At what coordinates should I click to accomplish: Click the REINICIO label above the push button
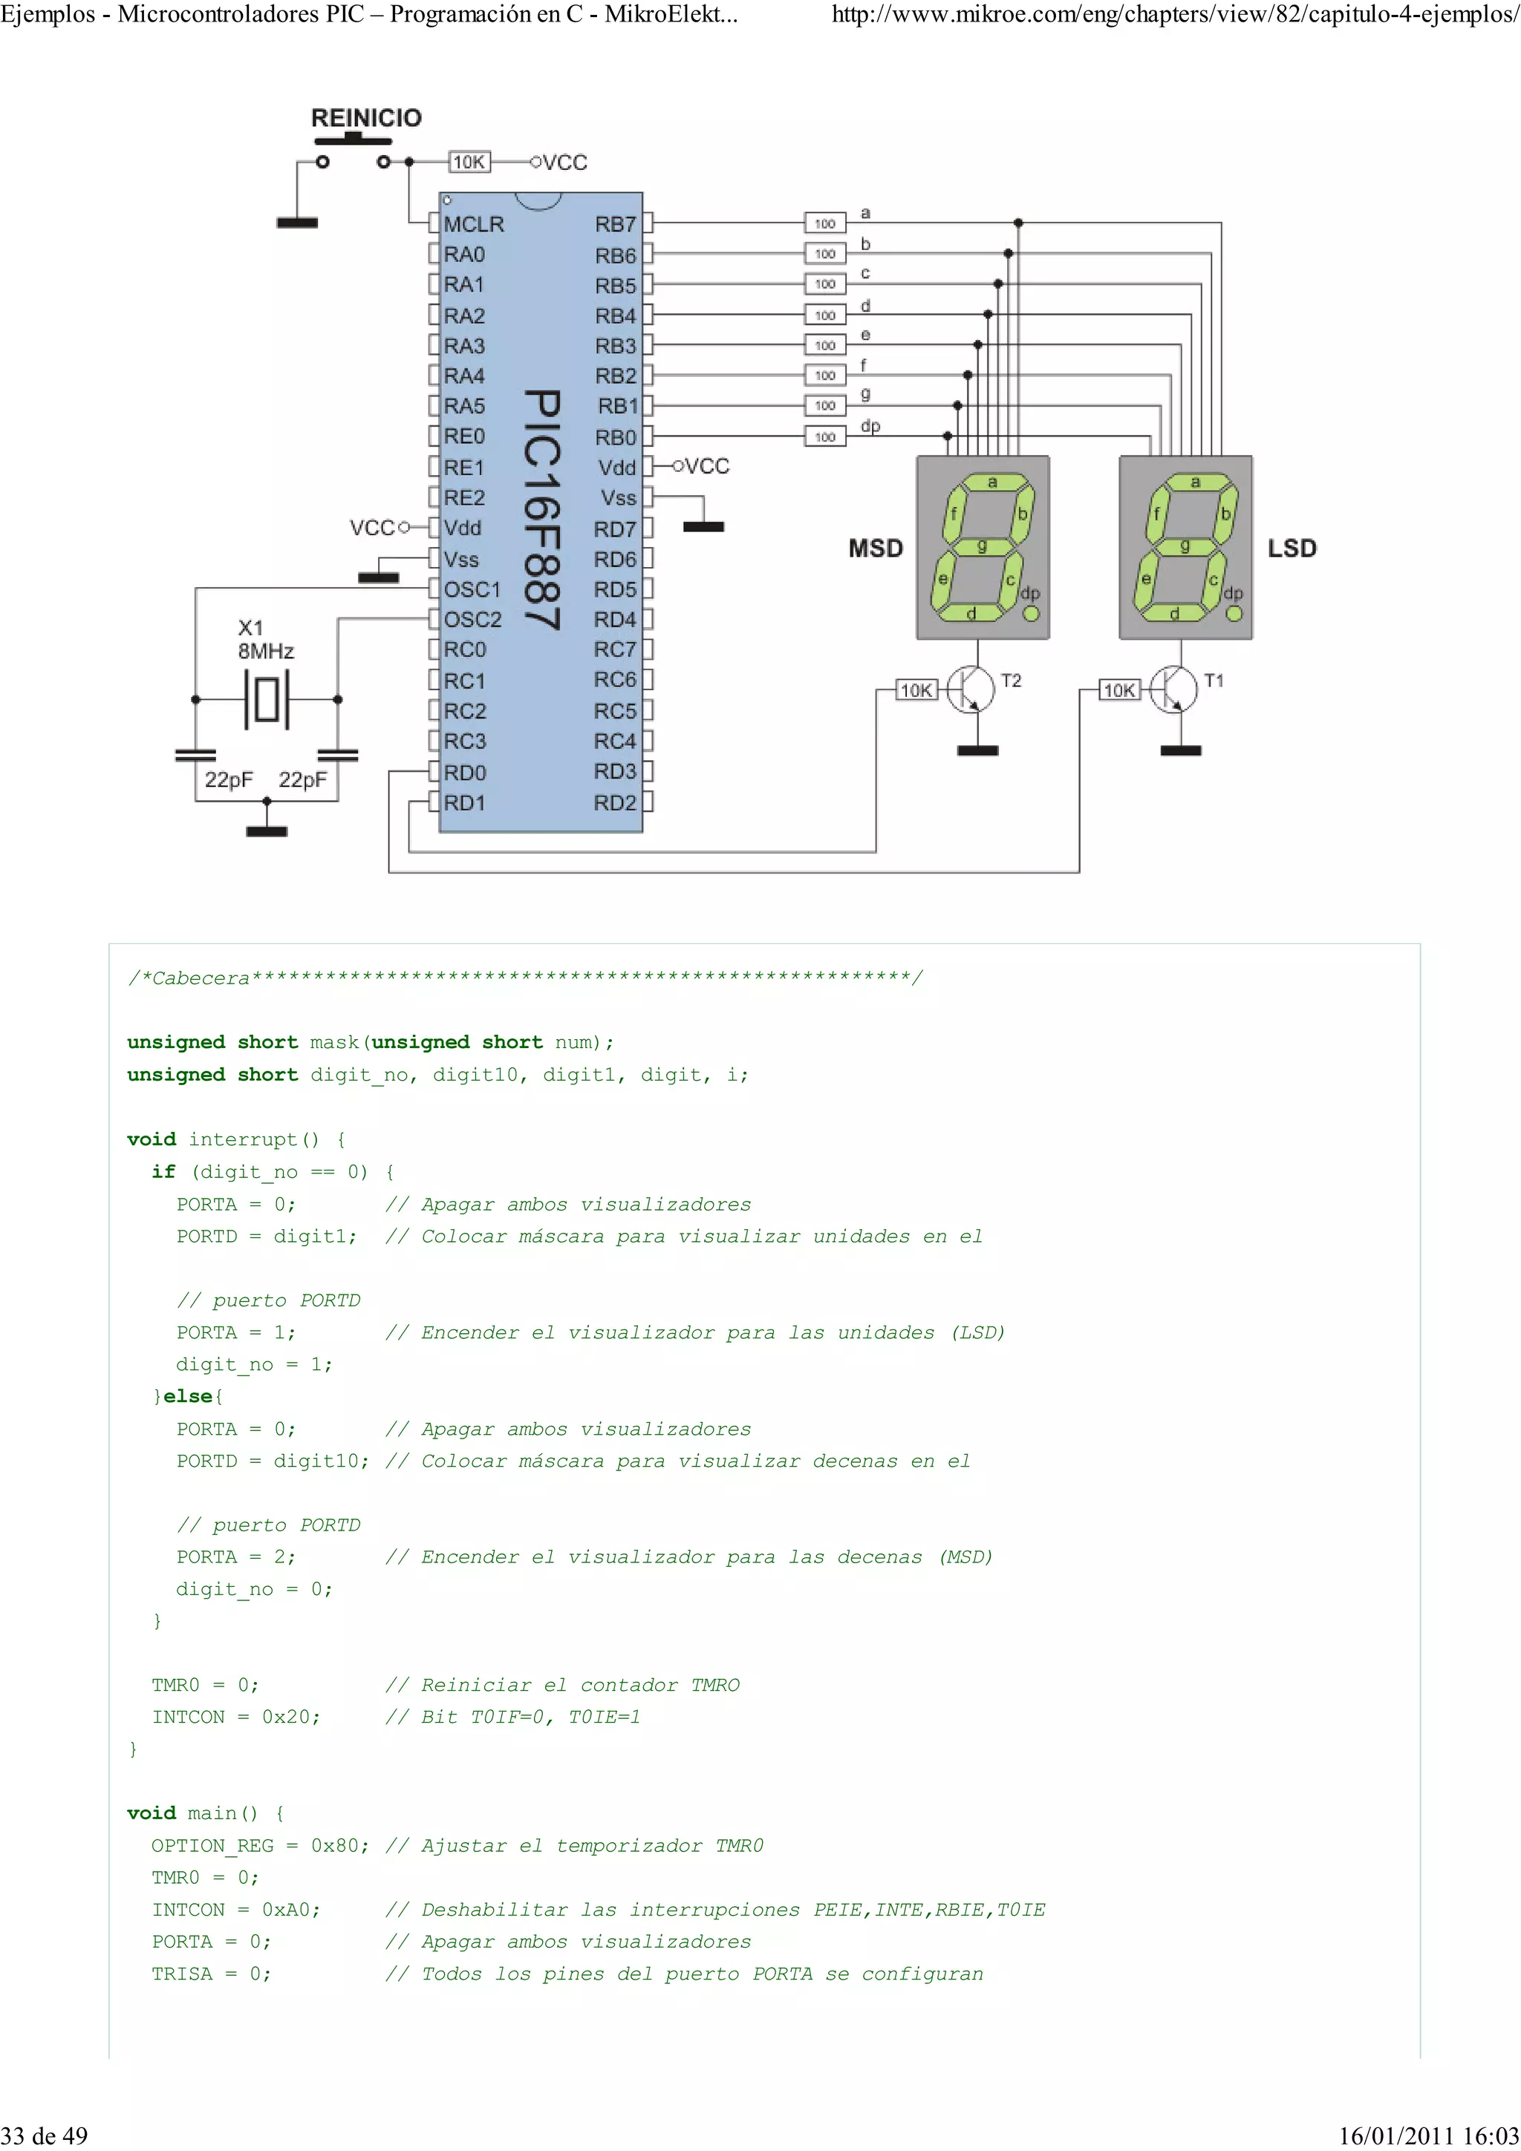(365, 118)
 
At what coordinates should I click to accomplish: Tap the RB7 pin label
(615, 224)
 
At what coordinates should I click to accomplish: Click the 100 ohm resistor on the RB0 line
(824, 436)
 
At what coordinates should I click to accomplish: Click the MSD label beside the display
(876, 548)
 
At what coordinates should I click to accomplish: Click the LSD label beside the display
(1292, 548)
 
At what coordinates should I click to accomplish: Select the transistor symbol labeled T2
(971, 690)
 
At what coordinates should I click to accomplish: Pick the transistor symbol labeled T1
(1174, 690)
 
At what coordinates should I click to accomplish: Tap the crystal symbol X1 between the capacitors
(266, 699)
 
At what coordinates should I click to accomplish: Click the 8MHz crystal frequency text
(266, 651)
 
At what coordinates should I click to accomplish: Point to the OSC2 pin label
(472, 619)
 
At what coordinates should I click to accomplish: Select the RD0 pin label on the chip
(465, 773)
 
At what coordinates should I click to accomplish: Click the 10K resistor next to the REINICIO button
(469, 162)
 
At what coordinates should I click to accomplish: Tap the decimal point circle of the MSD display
(1031, 614)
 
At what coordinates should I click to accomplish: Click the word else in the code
(187, 1396)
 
